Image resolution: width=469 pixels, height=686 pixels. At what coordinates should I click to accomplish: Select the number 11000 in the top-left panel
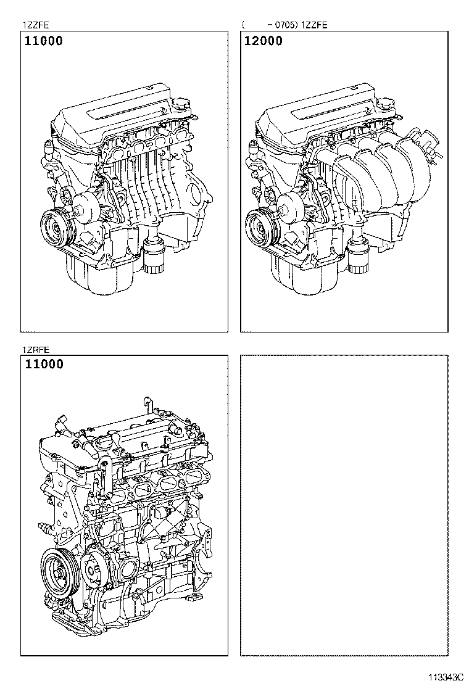point(44,41)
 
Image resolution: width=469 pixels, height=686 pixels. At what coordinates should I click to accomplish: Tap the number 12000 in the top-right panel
point(264,41)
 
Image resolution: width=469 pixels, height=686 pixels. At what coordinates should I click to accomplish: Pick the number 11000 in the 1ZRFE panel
point(44,365)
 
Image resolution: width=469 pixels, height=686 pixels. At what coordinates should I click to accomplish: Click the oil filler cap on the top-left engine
point(184,102)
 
